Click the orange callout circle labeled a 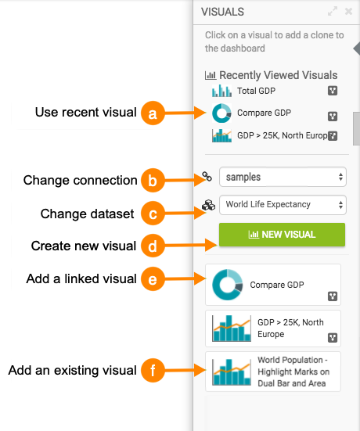tap(153, 113)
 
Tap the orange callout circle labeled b tap(153, 181)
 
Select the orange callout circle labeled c tap(153, 214)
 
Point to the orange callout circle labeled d tap(153, 246)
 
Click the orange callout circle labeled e tap(153, 278)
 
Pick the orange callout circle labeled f tap(153, 370)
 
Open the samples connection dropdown tap(283, 177)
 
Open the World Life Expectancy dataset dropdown tap(283, 205)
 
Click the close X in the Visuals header tap(348, 12)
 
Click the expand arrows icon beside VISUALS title tap(333, 12)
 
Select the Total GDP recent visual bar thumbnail tap(221, 91)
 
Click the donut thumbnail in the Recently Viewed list tap(221, 113)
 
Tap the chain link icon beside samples tap(207, 177)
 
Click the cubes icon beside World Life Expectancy tap(208, 205)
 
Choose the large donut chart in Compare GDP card tap(228, 285)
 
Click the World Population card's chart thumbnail tap(232, 372)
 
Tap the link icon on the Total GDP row tap(333, 91)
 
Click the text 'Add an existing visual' tap(72, 370)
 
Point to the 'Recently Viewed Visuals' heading tap(279, 75)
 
